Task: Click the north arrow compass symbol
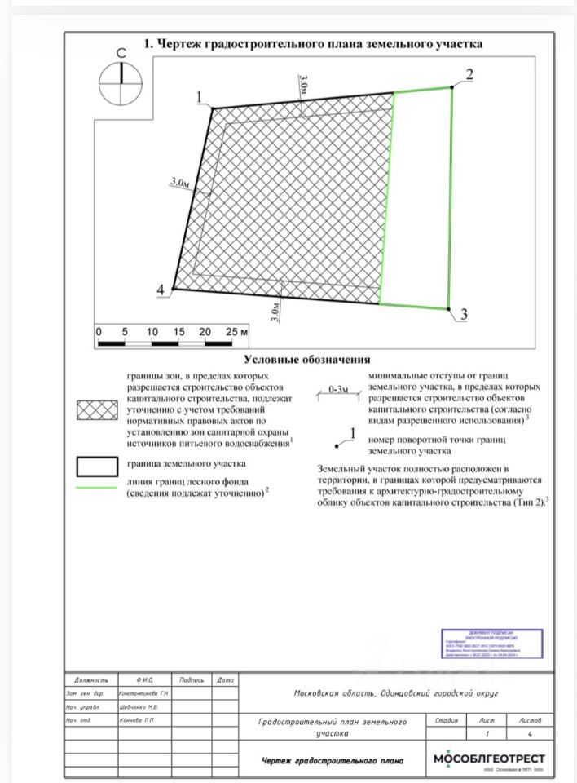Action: point(121,83)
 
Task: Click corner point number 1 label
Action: point(198,98)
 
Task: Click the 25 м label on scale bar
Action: point(236,333)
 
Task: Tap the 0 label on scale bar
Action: point(98,333)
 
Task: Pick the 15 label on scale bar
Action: point(178,333)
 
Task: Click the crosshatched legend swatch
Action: point(97,409)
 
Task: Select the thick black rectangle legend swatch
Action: point(97,466)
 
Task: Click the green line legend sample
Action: point(97,488)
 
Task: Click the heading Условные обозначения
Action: point(306,359)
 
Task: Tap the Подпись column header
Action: point(192,679)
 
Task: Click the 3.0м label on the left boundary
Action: point(179,184)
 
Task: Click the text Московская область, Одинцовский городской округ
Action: point(395,693)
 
